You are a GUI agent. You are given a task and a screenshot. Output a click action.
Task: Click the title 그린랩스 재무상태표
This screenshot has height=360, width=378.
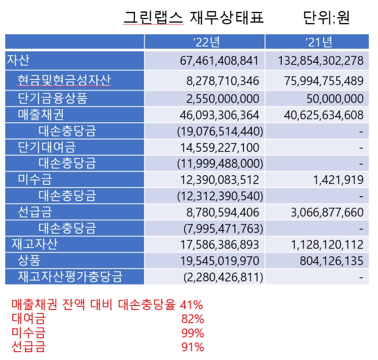pos(194,17)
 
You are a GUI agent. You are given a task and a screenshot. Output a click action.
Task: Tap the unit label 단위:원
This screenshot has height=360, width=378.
pos(326,17)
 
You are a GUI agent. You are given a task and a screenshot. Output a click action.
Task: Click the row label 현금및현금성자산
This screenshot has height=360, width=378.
pos(64,80)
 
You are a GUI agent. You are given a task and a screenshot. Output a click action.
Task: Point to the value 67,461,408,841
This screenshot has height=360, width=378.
pos(219,61)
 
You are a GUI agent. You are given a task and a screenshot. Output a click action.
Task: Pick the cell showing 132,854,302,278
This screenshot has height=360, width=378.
pos(321,61)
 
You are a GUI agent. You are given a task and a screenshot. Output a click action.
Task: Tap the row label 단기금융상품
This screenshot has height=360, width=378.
pos(52,98)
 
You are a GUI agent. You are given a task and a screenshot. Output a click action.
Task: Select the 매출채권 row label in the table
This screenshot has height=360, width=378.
pos(41,115)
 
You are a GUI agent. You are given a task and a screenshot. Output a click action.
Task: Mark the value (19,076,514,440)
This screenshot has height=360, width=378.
pos(220,131)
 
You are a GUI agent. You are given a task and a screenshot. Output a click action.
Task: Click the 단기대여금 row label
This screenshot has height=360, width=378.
pos(47,147)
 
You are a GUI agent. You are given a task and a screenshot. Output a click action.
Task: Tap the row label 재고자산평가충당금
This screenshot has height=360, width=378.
pos(70,277)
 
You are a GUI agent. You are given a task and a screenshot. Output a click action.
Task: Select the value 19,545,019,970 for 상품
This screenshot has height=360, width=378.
pos(219,261)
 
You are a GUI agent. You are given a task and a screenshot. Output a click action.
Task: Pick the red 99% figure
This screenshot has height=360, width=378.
pos(193,333)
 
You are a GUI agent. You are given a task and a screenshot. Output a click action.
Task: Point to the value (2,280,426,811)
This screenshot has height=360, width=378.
pos(223,277)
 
